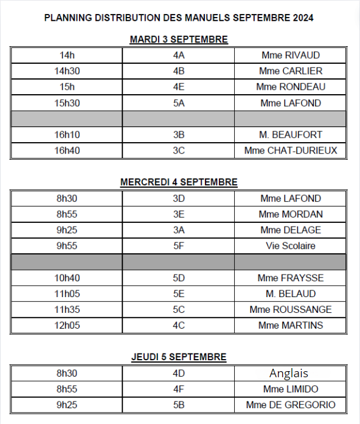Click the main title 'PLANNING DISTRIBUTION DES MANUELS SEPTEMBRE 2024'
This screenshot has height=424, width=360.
(x=179, y=18)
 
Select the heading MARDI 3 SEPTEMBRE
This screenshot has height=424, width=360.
(x=179, y=39)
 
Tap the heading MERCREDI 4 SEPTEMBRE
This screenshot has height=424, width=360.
(x=179, y=182)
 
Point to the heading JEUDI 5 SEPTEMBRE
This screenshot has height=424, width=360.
(x=179, y=357)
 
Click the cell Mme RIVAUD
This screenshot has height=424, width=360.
(x=290, y=55)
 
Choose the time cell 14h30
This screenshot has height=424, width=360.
(x=67, y=71)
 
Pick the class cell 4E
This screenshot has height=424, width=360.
(x=179, y=87)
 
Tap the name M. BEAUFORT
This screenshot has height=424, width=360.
(x=290, y=135)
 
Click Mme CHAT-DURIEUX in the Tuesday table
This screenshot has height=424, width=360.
(x=290, y=151)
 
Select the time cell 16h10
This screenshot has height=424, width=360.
(x=67, y=135)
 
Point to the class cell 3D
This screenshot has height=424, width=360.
(x=179, y=199)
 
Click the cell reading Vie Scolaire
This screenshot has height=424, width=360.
(x=290, y=246)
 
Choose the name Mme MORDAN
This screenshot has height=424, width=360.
(x=290, y=214)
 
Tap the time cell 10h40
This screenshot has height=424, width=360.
(x=67, y=278)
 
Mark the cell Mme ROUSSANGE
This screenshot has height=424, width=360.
(x=290, y=310)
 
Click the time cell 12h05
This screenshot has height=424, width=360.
(x=67, y=326)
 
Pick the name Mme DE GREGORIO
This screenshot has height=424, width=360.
(x=290, y=405)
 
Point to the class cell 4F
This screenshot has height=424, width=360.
(x=179, y=389)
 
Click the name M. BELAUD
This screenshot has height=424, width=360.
(x=290, y=294)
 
